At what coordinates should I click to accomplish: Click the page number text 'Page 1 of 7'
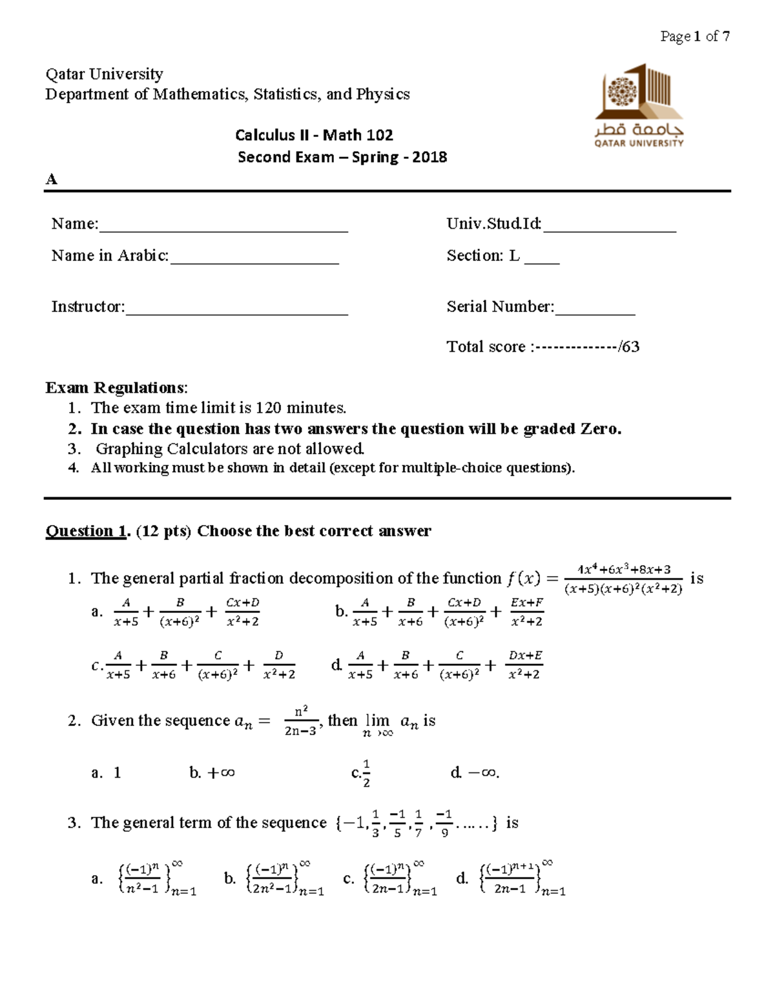(695, 36)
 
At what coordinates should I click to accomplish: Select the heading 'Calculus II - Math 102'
(314, 135)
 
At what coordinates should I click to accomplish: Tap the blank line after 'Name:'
(223, 226)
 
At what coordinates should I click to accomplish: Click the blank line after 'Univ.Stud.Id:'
(610, 226)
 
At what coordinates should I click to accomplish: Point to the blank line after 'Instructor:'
(236, 309)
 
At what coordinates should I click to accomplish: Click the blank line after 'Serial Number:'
(595, 309)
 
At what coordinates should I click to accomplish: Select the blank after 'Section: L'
(542, 258)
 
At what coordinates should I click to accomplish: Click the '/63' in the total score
(628, 347)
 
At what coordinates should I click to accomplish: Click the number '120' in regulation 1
(269, 408)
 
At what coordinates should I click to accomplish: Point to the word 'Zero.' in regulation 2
(601, 429)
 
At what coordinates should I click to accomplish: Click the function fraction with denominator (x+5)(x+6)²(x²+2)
(623, 579)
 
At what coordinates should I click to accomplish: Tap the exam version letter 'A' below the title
(52, 180)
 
